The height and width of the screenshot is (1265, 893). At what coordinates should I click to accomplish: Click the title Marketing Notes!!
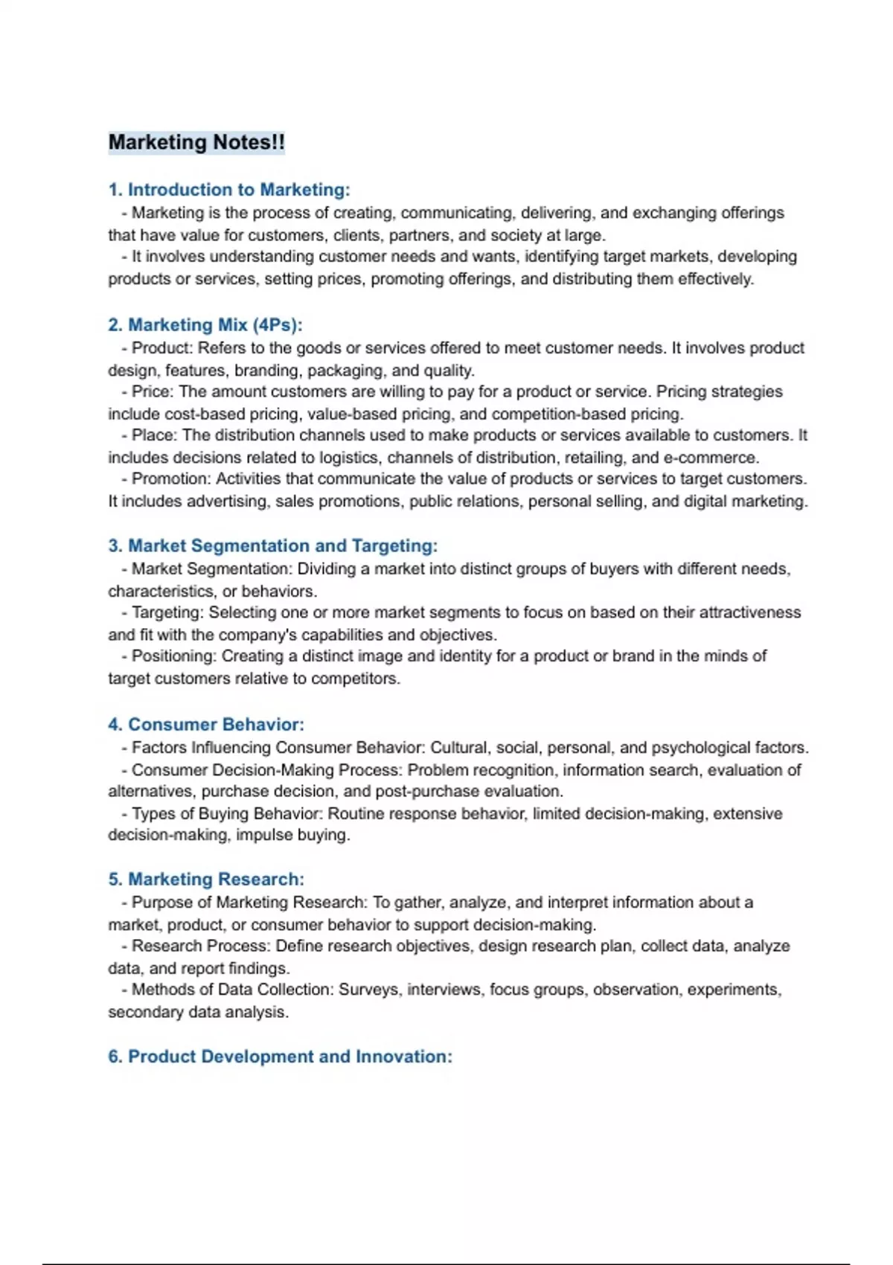196,142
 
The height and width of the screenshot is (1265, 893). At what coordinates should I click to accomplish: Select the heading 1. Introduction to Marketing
229,190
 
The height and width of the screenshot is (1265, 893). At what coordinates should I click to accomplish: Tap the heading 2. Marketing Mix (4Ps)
205,325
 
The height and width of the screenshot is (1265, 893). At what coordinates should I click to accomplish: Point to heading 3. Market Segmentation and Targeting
273,545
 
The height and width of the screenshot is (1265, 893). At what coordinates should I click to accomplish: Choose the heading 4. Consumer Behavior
206,724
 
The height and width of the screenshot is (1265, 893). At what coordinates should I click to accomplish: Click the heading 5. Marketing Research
206,879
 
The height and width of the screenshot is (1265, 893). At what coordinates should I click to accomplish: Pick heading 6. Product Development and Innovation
280,1057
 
